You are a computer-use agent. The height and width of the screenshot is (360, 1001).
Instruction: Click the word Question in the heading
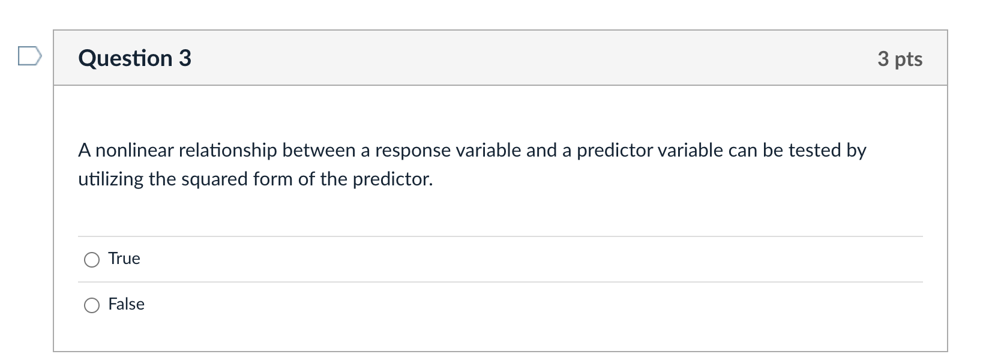[125, 58]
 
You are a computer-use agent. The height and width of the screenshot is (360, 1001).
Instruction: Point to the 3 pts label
[900, 59]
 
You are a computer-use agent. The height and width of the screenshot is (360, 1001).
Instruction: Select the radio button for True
[92, 260]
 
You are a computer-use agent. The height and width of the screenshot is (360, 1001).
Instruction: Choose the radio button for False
[92, 305]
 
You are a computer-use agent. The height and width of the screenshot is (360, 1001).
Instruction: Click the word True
[124, 259]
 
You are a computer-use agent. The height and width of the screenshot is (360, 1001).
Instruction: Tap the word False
[126, 304]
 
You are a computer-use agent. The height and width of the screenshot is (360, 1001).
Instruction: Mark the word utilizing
[110, 179]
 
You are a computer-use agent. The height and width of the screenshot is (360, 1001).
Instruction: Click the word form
[272, 179]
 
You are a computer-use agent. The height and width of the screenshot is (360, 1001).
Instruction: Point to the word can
[743, 150]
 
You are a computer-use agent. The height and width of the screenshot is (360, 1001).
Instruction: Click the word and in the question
[541, 150]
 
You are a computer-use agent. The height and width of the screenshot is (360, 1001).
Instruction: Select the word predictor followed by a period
[392, 179]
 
